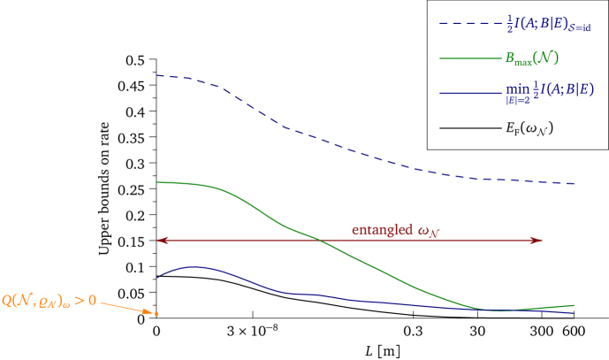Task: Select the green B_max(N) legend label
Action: [531, 59]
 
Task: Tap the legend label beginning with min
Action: [549, 92]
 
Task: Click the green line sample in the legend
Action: [468, 59]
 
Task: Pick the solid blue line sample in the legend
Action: [468, 92]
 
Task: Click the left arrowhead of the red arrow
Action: [160, 240]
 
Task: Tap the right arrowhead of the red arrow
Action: [537, 240]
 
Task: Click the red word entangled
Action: [382, 229]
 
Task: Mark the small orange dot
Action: [157, 314]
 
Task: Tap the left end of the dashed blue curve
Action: [157, 75]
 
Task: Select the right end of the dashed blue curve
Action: [575, 184]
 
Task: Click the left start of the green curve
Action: [156, 182]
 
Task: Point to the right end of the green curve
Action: [575, 305]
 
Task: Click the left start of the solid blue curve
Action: [156, 279]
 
